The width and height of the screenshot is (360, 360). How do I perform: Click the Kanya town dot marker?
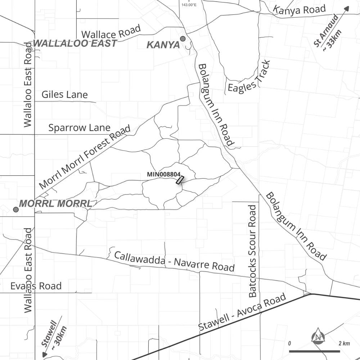(x=183, y=39)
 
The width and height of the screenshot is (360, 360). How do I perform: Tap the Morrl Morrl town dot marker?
(x=16, y=210)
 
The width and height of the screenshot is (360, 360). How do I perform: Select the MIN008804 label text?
(x=164, y=174)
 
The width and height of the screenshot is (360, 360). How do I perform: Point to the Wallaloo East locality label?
(x=75, y=44)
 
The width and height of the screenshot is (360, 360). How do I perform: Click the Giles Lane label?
(x=64, y=95)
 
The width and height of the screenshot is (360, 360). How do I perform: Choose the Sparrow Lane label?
(x=79, y=128)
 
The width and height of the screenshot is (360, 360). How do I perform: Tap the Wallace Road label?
(x=111, y=33)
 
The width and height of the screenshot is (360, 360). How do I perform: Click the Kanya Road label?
(x=300, y=10)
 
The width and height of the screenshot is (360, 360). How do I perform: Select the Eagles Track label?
(x=249, y=77)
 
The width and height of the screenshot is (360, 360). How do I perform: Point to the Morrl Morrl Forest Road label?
(x=85, y=157)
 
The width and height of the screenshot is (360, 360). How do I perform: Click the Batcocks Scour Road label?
(x=253, y=251)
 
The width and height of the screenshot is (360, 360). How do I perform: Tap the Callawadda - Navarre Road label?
(x=174, y=261)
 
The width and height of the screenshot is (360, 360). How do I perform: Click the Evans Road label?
(x=36, y=286)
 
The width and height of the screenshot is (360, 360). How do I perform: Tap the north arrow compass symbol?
(x=318, y=336)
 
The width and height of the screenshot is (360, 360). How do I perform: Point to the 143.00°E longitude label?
(x=189, y=5)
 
